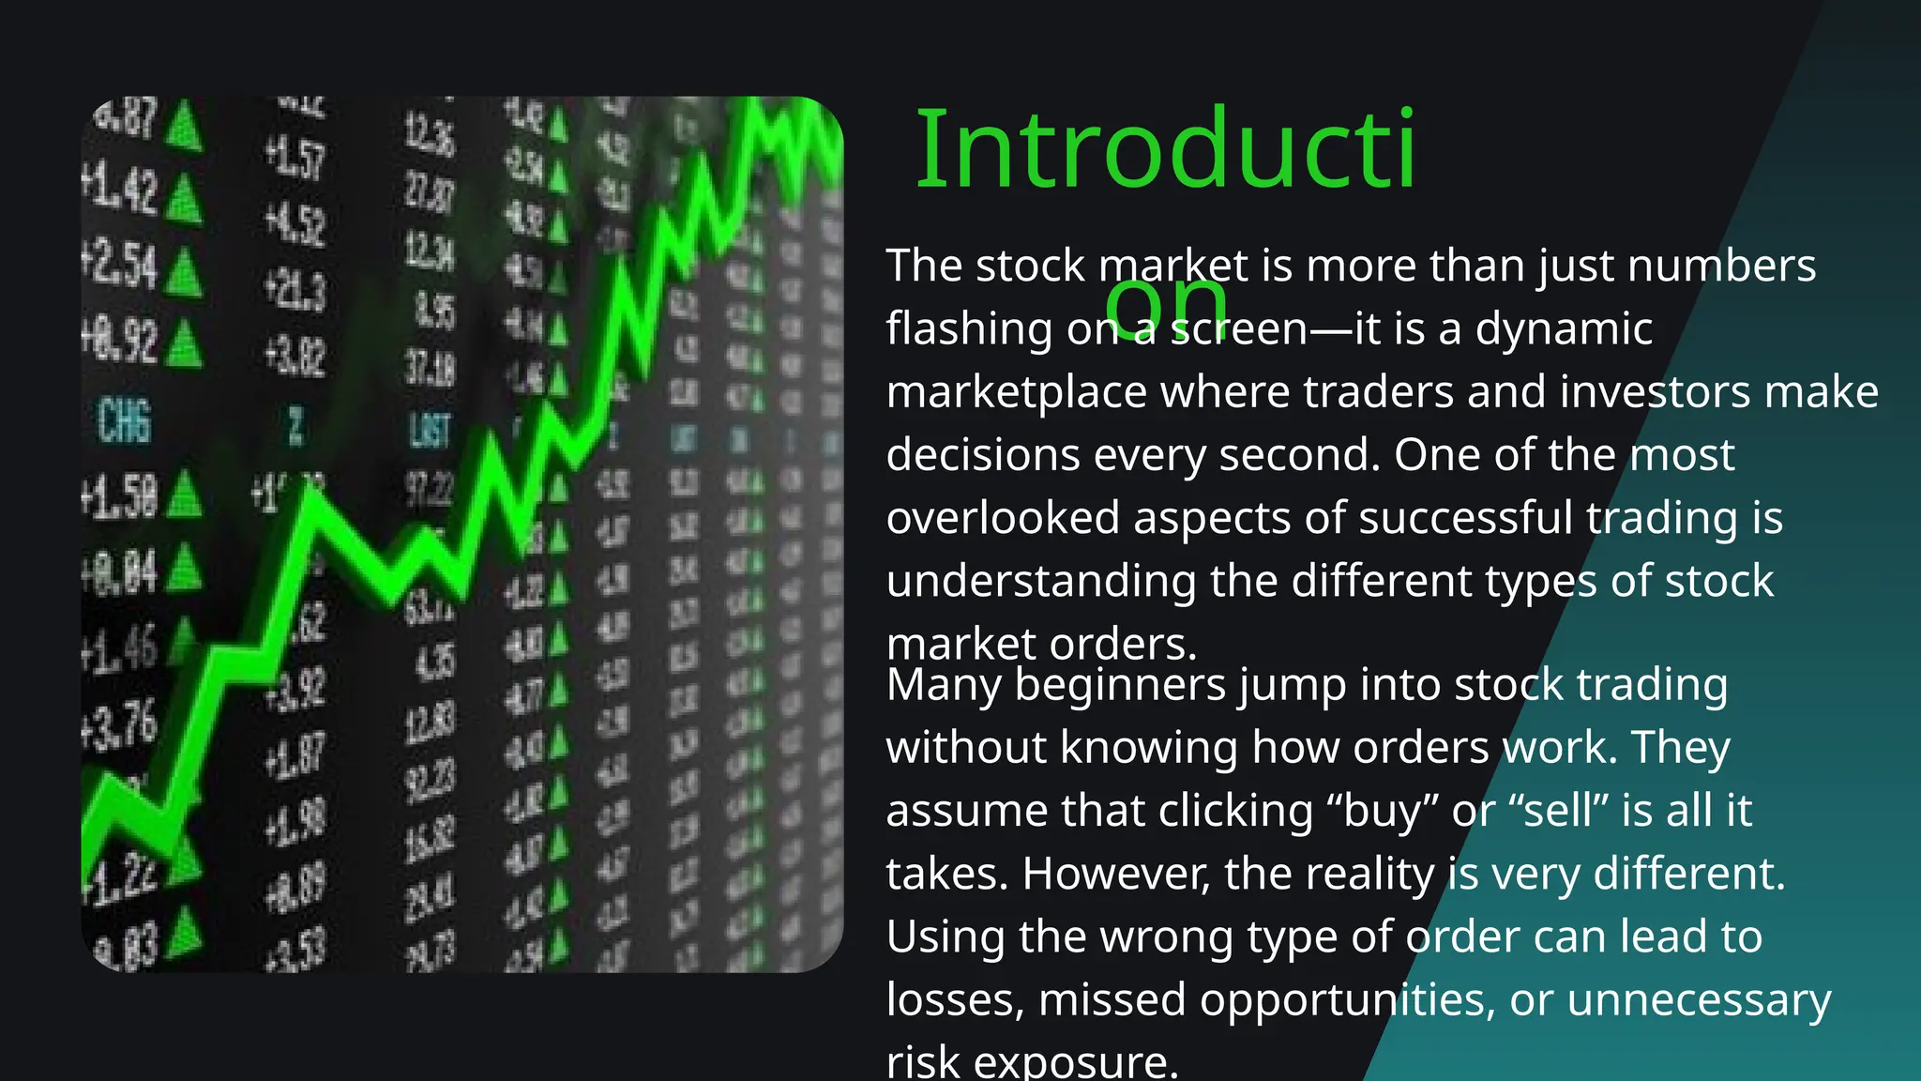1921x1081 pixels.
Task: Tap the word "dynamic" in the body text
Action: coord(1564,329)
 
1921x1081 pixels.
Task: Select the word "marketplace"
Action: coord(1016,392)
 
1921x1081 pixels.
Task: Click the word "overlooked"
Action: coord(1003,518)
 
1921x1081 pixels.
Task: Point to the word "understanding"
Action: coord(1040,582)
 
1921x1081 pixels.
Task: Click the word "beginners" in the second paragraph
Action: coord(1120,685)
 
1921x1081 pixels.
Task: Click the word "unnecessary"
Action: coord(1699,1000)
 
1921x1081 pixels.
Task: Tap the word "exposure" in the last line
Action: coord(1075,1063)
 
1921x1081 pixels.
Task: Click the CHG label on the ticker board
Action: coord(124,420)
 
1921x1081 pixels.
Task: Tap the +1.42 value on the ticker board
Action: coord(120,190)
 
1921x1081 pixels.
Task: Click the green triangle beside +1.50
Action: coord(184,495)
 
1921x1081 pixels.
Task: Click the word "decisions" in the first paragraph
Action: coord(982,455)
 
